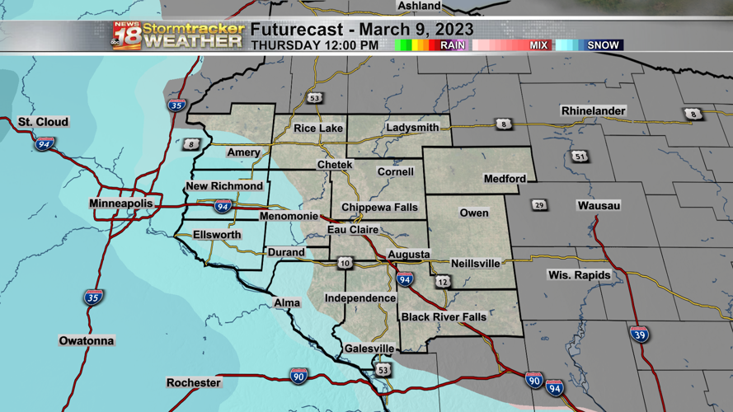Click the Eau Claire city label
coord(353,230)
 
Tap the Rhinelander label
coord(593,111)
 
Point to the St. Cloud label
coord(44,123)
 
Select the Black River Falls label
coord(444,317)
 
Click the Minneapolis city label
coord(121,204)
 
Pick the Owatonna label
coord(87,341)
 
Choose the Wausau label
coord(599,205)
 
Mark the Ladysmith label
coord(412,128)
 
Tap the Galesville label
coord(369,349)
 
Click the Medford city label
coord(505,179)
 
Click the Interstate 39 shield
coord(639,334)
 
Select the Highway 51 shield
coord(580,157)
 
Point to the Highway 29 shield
coord(539,205)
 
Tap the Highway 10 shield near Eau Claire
coord(345,264)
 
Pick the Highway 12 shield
coord(444,282)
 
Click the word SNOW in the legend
coord(603,45)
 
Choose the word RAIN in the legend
coord(452,45)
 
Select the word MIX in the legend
coord(538,45)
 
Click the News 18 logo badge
coord(126,35)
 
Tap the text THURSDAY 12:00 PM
coord(314,45)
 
